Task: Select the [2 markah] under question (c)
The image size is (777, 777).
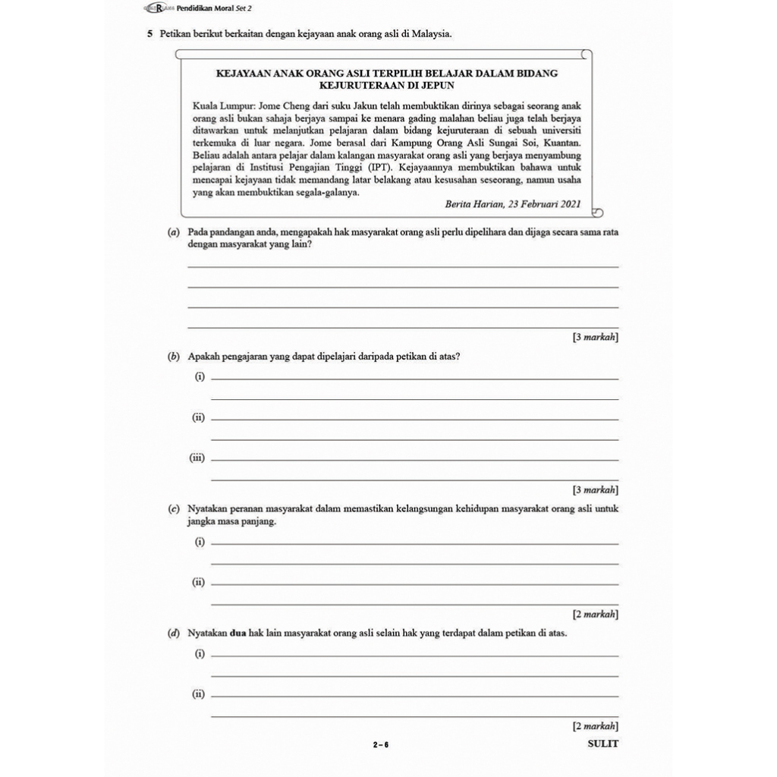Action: click(x=596, y=613)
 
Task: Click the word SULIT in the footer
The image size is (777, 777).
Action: click(x=603, y=744)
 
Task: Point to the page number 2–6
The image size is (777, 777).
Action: click(x=381, y=744)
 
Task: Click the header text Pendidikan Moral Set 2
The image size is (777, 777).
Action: click(x=213, y=8)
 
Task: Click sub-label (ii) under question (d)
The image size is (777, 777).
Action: click(x=199, y=694)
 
